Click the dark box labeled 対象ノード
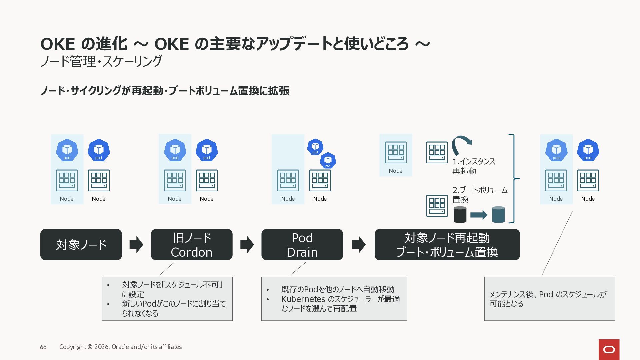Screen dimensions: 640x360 point(81,244)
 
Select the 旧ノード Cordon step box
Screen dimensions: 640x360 point(192,244)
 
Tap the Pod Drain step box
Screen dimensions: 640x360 point(302,244)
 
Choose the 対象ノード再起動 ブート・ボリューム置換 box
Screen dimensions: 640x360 point(447,244)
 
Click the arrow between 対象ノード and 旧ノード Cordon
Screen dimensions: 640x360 point(136,244)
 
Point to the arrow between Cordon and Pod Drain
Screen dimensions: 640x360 point(247,244)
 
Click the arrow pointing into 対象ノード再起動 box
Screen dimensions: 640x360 point(359,244)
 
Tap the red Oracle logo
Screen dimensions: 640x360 point(609,350)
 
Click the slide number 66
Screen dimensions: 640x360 point(43,347)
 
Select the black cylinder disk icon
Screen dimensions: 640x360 point(460,215)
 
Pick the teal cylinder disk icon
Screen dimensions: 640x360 point(498,215)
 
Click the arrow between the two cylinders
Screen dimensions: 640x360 point(479,215)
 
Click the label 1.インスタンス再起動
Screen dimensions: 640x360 point(474,166)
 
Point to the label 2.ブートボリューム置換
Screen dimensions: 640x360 point(480,195)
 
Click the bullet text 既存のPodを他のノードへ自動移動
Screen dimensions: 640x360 point(338,289)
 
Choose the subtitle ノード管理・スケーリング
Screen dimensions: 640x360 point(101,61)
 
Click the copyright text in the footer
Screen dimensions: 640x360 point(121,347)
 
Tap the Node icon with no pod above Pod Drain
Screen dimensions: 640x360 point(288,180)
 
